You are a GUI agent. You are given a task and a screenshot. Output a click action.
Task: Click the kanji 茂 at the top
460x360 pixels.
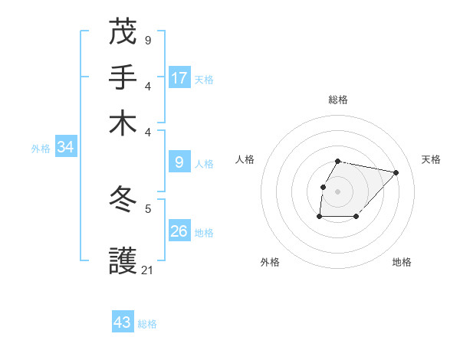[x=123, y=32]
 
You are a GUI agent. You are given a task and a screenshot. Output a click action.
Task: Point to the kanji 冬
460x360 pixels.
[x=123, y=200]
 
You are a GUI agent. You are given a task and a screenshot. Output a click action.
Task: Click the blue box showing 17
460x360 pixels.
[x=179, y=77]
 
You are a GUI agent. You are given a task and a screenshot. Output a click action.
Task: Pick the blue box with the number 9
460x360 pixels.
[x=179, y=162]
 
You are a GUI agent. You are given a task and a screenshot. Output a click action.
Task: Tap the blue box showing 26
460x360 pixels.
[x=179, y=231]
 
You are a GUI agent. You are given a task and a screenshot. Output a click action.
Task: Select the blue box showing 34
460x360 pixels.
[x=65, y=147]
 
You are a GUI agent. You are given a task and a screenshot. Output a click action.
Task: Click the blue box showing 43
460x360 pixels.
[x=123, y=322]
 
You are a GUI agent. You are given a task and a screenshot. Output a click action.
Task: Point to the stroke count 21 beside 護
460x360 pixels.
[x=148, y=270]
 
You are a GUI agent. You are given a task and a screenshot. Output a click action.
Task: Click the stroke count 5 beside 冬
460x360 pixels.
[x=148, y=208]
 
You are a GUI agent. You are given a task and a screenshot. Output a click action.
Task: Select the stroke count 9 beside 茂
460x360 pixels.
[x=148, y=40]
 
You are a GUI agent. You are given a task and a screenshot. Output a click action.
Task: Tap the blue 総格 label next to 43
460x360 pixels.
[x=147, y=324]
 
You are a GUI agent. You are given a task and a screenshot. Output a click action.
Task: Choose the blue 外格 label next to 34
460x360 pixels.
[x=41, y=149]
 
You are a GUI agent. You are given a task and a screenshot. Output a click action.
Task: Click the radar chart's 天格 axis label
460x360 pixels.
[x=431, y=159]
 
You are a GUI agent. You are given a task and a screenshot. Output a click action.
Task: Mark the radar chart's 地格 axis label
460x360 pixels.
[x=402, y=262]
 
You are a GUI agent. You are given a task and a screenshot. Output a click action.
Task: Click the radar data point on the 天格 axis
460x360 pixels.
[x=396, y=172]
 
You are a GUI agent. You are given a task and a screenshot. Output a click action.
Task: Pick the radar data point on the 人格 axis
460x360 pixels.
[x=323, y=187]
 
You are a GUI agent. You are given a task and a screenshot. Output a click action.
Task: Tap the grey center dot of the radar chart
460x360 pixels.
[x=338, y=191]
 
